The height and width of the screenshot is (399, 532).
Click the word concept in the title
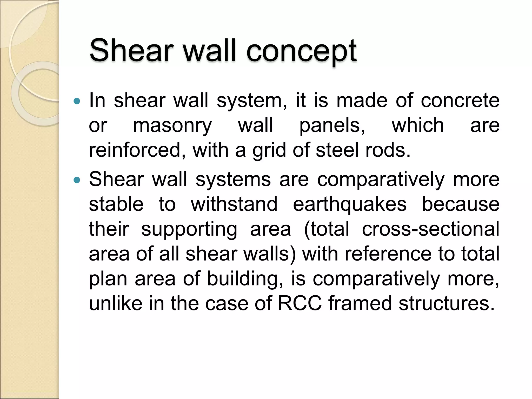coord(301,51)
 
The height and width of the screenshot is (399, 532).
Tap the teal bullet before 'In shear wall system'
coord(77,101)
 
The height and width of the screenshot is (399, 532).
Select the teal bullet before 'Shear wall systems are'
coord(77,180)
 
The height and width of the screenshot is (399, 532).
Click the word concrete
coord(460,101)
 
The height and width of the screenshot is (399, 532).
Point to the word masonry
coord(172,126)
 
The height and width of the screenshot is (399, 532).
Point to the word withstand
coord(234,204)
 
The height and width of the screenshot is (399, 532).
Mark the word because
coord(460,204)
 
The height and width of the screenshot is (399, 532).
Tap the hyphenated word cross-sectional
coord(430,229)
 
